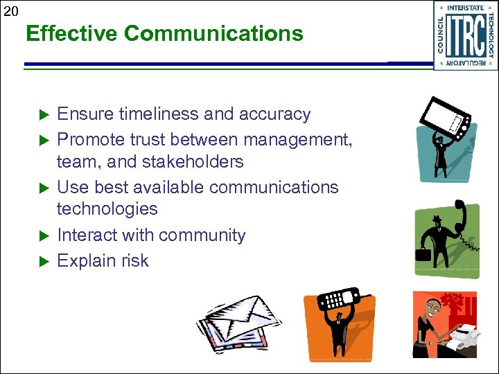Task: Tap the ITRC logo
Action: (x=465, y=35)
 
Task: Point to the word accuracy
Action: (x=274, y=114)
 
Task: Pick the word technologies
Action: (x=107, y=208)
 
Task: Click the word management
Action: (x=293, y=140)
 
